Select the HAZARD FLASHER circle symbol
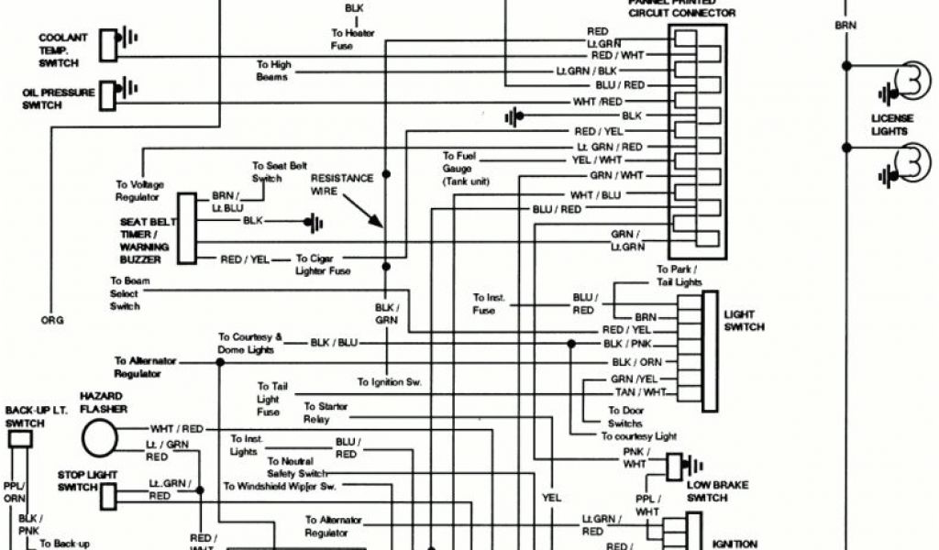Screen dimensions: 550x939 (100, 437)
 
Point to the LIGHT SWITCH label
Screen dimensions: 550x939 (744, 320)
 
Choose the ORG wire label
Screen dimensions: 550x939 (51, 320)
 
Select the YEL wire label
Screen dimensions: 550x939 (551, 499)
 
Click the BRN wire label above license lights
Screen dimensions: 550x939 (845, 26)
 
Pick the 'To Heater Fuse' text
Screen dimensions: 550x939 (353, 38)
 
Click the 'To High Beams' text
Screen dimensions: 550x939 (273, 71)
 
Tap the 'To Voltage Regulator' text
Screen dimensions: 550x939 (138, 191)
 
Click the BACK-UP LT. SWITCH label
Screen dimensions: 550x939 (33, 417)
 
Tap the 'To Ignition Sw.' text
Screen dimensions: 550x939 (389, 381)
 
